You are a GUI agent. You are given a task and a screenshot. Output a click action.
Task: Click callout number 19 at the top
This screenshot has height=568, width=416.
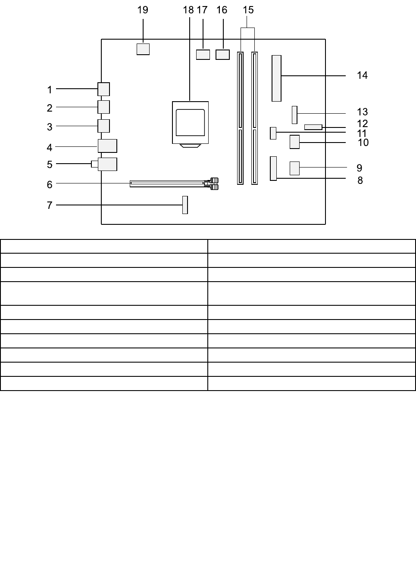143,10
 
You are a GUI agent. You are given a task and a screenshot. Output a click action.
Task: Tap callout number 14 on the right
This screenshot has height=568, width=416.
362,75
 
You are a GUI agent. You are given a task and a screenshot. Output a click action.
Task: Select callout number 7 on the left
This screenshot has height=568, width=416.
50,205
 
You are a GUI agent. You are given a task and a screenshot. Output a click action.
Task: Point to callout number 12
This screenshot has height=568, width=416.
362,124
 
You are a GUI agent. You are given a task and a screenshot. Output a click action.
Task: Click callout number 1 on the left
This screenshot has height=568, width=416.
50,90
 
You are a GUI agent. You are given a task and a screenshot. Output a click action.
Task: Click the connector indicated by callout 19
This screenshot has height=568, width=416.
143,49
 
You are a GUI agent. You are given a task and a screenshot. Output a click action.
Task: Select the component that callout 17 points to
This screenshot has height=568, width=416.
203,55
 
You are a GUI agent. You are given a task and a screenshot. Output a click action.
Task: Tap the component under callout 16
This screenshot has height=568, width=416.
222,55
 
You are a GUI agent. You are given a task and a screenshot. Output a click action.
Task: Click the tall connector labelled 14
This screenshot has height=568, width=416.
276,78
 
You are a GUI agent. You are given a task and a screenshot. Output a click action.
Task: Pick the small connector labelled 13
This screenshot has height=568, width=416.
294,115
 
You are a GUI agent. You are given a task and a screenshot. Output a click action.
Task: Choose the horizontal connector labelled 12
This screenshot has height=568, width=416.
313,127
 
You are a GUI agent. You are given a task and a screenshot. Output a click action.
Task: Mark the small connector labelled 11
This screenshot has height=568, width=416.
273,133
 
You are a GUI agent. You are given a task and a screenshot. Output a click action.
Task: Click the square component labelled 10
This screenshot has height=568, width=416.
294,142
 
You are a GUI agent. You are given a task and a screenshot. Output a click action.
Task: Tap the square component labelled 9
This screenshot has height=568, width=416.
294,168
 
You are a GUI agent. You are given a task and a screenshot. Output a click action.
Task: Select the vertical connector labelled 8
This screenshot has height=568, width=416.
273,168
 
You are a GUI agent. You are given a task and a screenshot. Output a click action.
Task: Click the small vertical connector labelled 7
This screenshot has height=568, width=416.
185,205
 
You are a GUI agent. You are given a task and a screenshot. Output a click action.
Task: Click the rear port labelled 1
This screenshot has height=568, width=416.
103,89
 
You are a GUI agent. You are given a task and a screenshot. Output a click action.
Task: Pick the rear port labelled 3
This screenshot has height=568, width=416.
103,126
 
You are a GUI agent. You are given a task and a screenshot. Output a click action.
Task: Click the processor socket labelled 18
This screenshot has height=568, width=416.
190,123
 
